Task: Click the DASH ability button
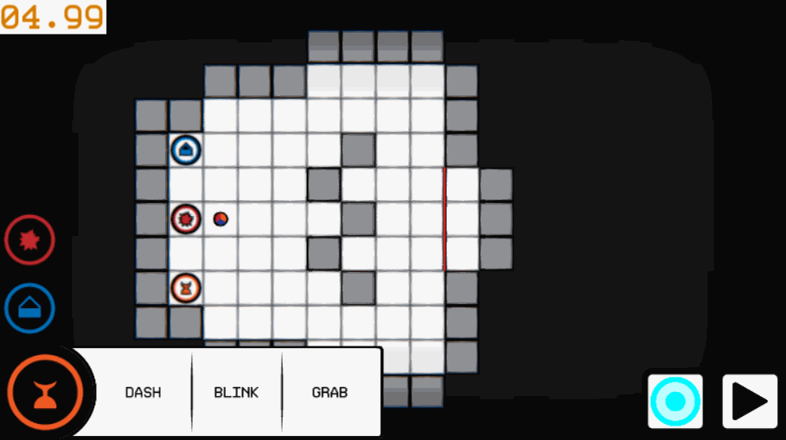click(x=142, y=392)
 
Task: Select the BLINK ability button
click(x=236, y=392)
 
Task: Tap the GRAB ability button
click(x=330, y=392)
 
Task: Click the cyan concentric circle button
click(x=676, y=402)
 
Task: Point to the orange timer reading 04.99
click(x=53, y=17)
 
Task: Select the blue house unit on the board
click(x=186, y=150)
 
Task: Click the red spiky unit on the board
click(x=186, y=219)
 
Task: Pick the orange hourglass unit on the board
click(x=186, y=288)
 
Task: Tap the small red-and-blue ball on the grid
click(x=221, y=219)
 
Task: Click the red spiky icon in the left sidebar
click(x=30, y=240)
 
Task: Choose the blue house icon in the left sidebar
click(x=30, y=308)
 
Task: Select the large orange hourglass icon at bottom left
click(x=45, y=392)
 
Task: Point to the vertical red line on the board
click(x=445, y=219)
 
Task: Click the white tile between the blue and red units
click(x=186, y=185)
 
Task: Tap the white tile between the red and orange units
click(x=186, y=254)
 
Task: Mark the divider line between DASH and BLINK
click(x=192, y=392)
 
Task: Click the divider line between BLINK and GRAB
click(x=283, y=392)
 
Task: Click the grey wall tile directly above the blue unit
click(x=186, y=116)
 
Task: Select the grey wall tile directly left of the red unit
click(x=151, y=219)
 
